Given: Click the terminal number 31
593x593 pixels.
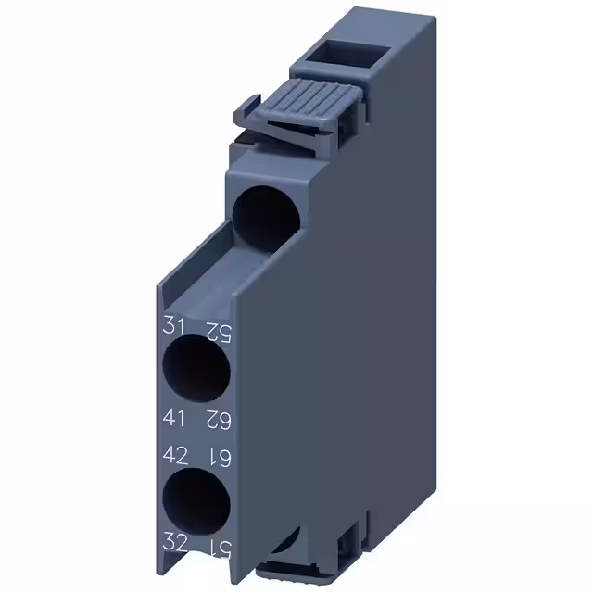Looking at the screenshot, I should pyautogui.click(x=173, y=325).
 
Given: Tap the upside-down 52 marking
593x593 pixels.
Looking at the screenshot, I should pyautogui.click(x=217, y=329).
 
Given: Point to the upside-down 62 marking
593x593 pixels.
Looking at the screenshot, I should pyautogui.click(x=218, y=420).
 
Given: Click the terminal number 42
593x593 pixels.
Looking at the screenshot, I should pyautogui.click(x=174, y=455).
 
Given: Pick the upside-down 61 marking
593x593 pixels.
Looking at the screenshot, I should pyautogui.click(x=218, y=456).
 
